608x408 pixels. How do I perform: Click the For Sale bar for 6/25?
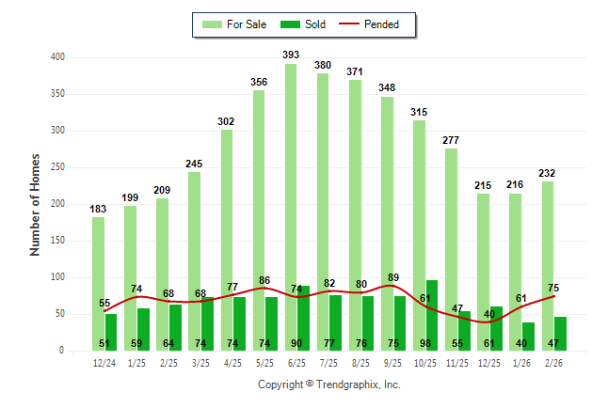tap(291, 207)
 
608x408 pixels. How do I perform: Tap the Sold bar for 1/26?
tap(528, 337)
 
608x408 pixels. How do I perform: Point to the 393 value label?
tap(291, 55)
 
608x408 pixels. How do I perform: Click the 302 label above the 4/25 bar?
tap(227, 121)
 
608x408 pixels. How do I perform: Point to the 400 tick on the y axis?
tap(58, 57)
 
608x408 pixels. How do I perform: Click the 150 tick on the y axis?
tap(58, 241)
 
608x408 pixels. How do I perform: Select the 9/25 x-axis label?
tap(392, 363)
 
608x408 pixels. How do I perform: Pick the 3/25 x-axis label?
tap(200, 363)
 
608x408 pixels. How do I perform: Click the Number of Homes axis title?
tap(35, 204)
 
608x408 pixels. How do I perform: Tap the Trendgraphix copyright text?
tap(329, 384)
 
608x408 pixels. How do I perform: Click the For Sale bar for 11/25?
tap(451, 249)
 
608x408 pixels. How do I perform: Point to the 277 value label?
tap(451, 140)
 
